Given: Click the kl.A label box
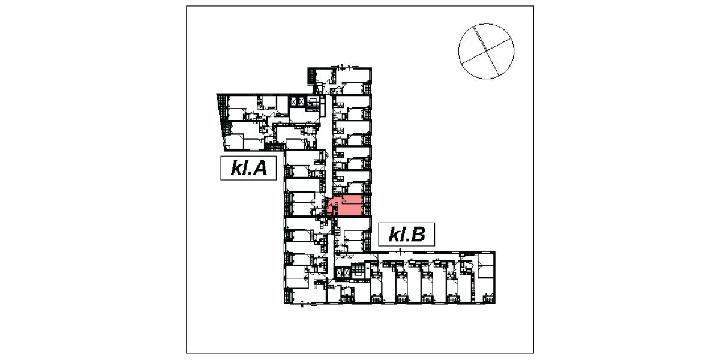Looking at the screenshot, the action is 248,168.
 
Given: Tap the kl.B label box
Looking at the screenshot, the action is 407,235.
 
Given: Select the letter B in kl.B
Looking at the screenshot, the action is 418,235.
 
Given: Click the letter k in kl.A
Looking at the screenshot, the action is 236,168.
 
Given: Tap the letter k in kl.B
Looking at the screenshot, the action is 394,235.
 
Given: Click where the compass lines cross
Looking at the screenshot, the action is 486,51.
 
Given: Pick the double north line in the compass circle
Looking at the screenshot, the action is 486,51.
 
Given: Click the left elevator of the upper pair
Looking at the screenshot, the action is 293,102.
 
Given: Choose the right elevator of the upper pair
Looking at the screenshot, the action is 301,102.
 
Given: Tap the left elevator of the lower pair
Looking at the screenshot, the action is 338,273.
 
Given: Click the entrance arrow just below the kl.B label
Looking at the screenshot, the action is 400,250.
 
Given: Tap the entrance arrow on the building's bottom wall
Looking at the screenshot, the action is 302,304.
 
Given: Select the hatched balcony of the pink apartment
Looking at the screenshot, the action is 368,206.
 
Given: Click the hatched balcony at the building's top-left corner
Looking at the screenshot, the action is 311,76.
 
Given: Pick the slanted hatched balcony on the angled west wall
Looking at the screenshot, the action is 222,109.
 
